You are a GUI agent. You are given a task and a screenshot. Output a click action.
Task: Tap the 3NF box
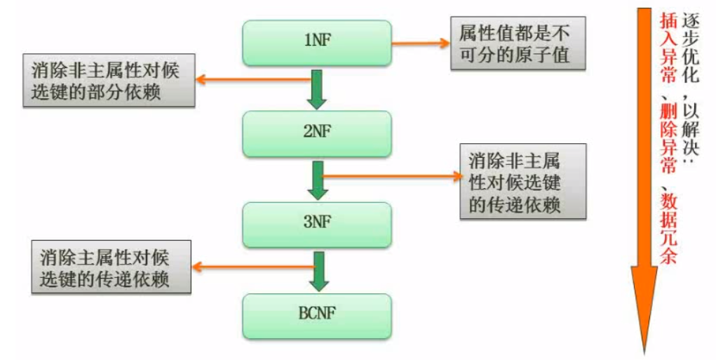coord(317,224)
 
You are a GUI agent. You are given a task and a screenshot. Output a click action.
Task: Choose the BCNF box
coord(317,314)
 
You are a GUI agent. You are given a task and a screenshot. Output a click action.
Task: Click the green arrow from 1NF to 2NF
coord(317,88)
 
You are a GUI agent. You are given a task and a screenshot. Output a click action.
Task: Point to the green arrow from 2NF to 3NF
coord(317,180)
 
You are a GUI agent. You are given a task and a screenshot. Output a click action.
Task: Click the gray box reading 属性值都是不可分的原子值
coord(510,43)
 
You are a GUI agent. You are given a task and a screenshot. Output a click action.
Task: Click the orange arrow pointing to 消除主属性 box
coord(252,266)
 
